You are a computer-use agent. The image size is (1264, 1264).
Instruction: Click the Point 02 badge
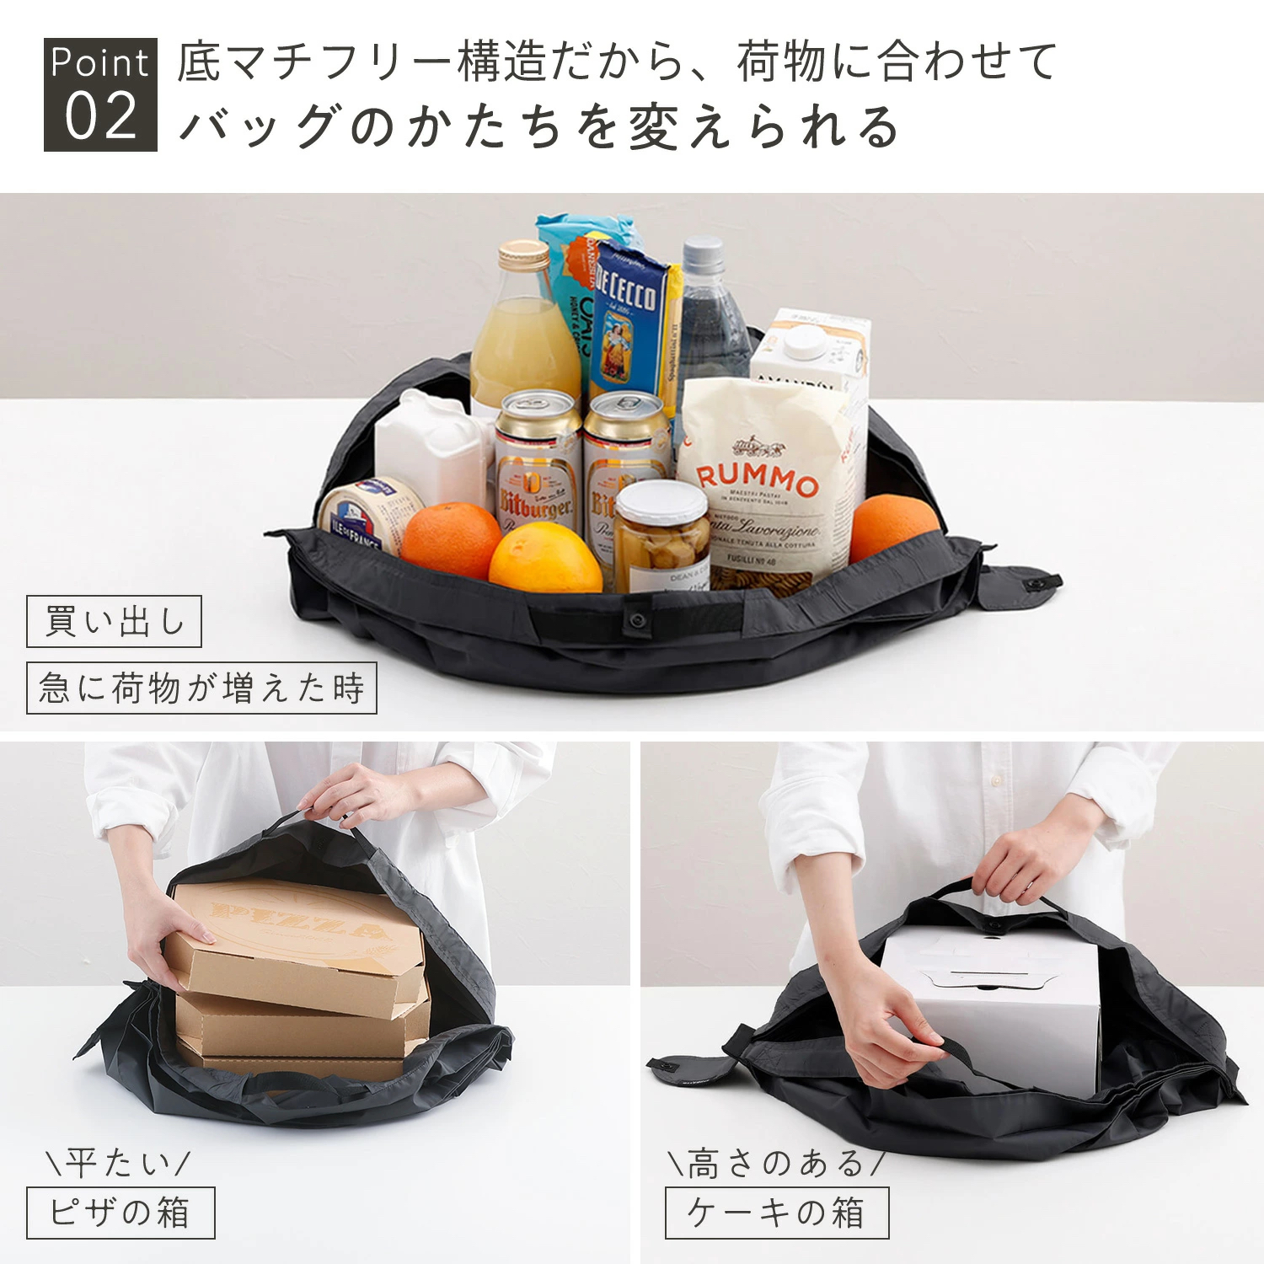click(100, 94)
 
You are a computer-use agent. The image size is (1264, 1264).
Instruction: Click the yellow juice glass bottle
click(522, 337)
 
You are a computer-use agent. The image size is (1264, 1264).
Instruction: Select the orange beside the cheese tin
click(451, 539)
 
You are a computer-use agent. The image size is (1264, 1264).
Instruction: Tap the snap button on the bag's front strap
click(635, 621)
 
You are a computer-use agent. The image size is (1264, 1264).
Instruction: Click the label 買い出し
click(114, 622)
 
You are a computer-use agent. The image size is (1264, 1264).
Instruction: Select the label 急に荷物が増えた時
click(201, 688)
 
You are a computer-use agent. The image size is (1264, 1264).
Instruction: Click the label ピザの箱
click(121, 1213)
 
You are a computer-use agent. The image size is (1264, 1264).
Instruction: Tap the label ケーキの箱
click(776, 1213)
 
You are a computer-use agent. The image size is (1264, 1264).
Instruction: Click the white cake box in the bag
click(994, 1003)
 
